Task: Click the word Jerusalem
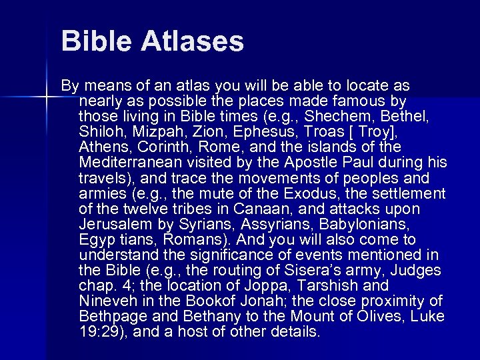(114, 225)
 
